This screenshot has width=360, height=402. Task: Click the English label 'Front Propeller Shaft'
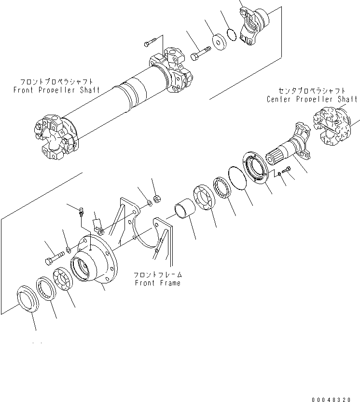coord(56,90)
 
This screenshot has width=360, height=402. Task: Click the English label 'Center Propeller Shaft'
coord(312,99)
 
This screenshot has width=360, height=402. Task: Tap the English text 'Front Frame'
coord(158,283)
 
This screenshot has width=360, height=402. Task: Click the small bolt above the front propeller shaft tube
coord(149,44)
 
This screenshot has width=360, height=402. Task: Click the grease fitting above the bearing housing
coord(82,211)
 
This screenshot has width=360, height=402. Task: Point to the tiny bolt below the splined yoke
coord(288,169)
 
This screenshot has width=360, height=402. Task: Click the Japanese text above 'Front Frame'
coord(158,275)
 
